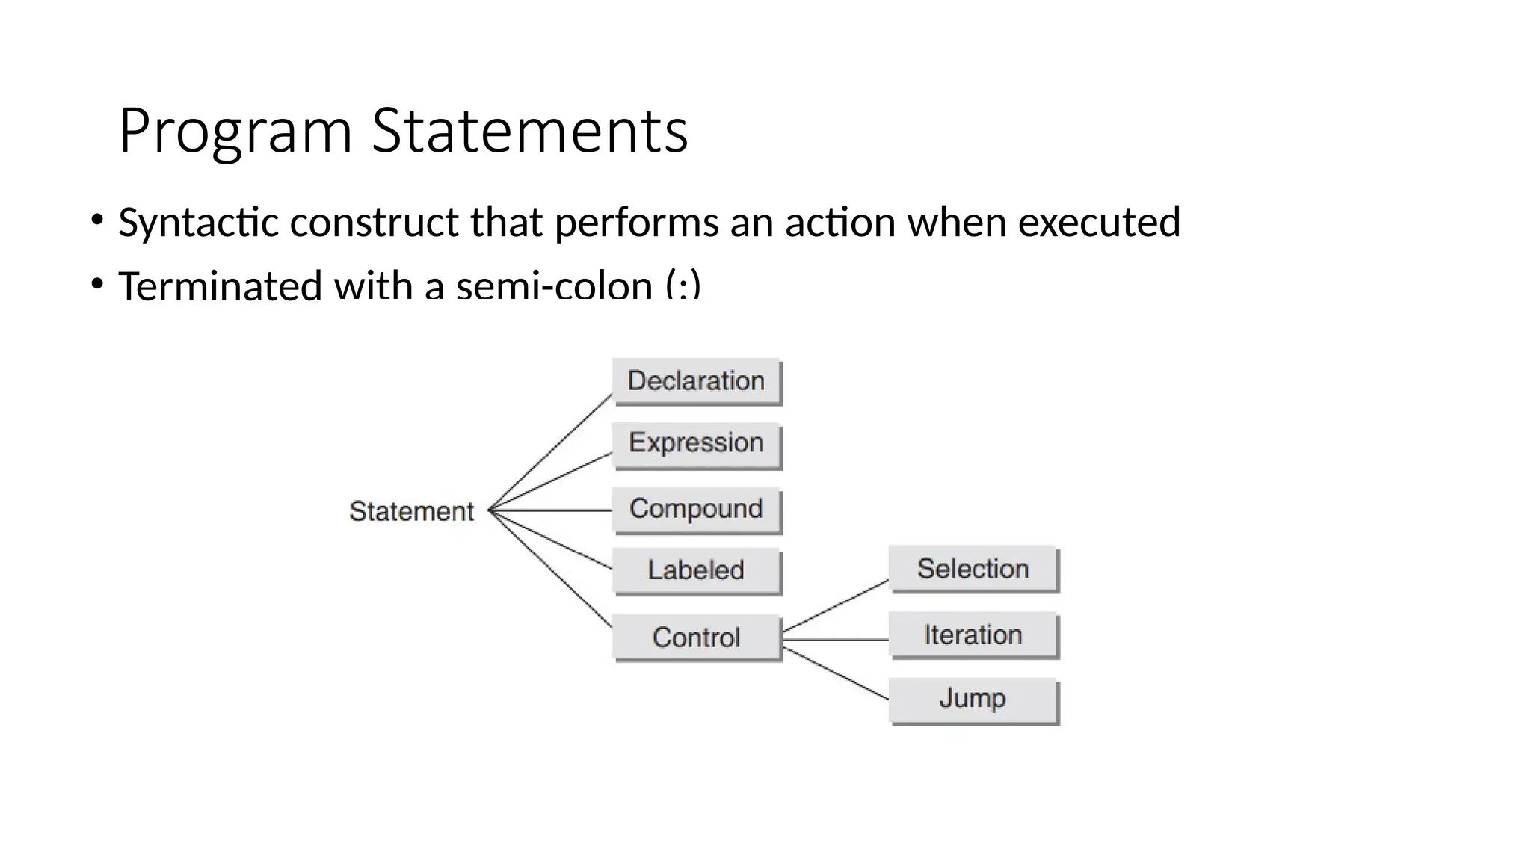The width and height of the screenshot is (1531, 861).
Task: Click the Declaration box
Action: point(696,381)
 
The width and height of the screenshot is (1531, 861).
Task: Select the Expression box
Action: point(696,444)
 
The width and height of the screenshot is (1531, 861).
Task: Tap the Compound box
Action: point(696,510)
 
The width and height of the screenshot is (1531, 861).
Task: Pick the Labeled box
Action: point(696,571)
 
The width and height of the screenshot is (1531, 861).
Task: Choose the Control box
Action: point(696,638)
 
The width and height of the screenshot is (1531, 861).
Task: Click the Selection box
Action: point(973,569)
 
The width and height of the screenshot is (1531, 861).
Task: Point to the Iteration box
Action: point(973,635)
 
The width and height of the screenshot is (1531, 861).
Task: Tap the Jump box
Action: point(973,699)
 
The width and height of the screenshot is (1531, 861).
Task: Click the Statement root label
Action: point(411,512)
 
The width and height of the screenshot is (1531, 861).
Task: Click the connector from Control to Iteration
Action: point(835,640)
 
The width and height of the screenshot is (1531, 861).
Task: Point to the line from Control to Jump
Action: point(835,673)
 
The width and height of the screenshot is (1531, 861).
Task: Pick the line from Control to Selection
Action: point(835,605)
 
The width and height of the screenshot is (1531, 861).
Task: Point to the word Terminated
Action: point(220,285)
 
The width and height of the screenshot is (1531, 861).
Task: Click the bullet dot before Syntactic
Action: point(96,220)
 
